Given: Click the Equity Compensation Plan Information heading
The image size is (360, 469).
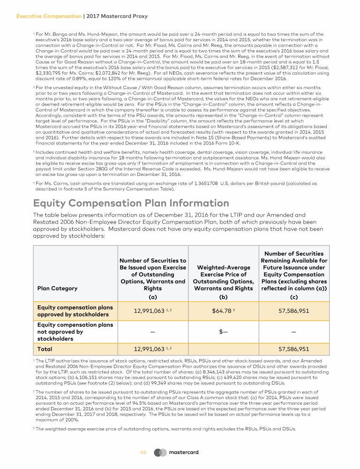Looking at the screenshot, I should pyautogui.click(x=131, y=204).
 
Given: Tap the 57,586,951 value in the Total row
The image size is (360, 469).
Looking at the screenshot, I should pyautogui.click(x=294, y=349).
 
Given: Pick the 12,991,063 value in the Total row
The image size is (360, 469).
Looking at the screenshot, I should pyautogui.click(x=150, y=349).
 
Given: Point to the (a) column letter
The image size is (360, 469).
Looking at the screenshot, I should pyautogui.click(x=152, y=297).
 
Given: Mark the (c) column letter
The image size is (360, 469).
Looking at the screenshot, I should pyautogui.click(x=294, y=297).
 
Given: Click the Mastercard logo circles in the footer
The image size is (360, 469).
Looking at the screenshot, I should pyautogui.click(x=160, y=453).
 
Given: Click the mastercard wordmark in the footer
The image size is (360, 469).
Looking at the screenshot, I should pyautogui.click(x=184, y=453).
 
